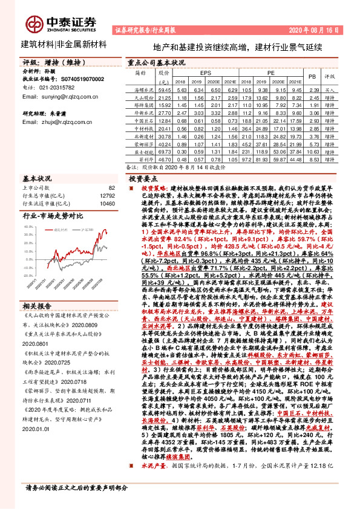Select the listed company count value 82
click(111, 188)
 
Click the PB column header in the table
click(312, 77)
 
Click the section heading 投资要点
click(142, 180)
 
